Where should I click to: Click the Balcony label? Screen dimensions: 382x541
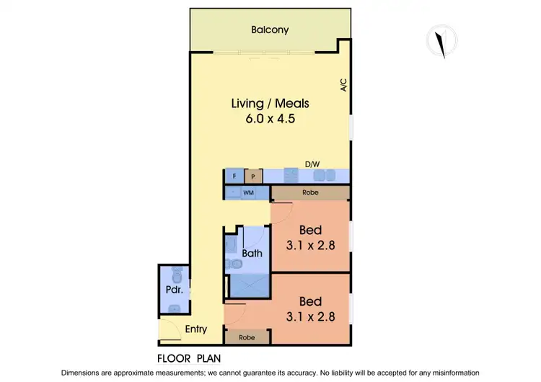coord(270,30)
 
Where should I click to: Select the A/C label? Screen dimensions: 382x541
coord(344,85)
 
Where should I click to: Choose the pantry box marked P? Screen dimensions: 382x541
coord(252,176)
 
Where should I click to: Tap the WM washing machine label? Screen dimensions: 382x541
coord(248,193)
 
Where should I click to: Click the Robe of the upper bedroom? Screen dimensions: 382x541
coord(310,193)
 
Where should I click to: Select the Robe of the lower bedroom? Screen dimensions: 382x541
coord(247,336)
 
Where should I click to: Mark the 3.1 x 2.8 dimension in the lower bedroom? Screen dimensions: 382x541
coord(310,316)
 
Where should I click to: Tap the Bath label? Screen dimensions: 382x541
coord(252,253)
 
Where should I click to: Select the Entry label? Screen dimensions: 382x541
coord(195,329)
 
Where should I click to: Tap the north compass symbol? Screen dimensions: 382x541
coord(439,40)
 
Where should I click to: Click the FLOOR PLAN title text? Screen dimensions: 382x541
coord(188,357)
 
